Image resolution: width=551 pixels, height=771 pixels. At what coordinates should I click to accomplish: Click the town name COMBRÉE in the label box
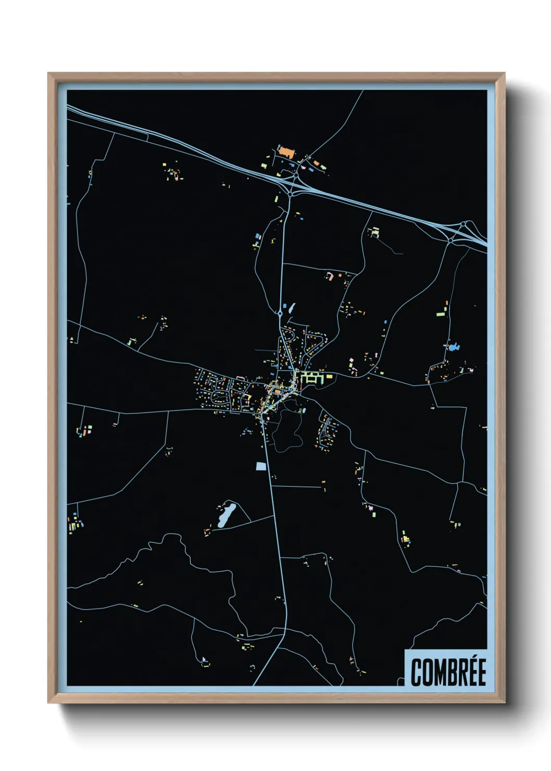448,672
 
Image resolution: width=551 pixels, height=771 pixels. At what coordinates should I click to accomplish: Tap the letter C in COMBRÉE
417,672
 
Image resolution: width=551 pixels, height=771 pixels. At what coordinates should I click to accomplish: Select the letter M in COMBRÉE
437,672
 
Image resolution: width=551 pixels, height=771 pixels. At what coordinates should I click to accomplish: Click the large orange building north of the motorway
286,152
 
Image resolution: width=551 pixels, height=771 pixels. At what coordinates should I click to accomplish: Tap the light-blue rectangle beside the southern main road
261,466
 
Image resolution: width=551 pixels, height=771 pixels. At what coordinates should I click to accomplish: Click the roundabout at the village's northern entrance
280,314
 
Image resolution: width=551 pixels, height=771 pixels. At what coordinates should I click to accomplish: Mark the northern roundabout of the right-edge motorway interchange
463,225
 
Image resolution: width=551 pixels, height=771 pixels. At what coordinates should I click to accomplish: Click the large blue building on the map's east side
455,346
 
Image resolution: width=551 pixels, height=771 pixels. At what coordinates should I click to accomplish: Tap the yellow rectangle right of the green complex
329,376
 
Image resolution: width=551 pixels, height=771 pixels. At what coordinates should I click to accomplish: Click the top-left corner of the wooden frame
49,74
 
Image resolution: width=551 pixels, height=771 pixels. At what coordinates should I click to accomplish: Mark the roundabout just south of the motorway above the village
290,194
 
